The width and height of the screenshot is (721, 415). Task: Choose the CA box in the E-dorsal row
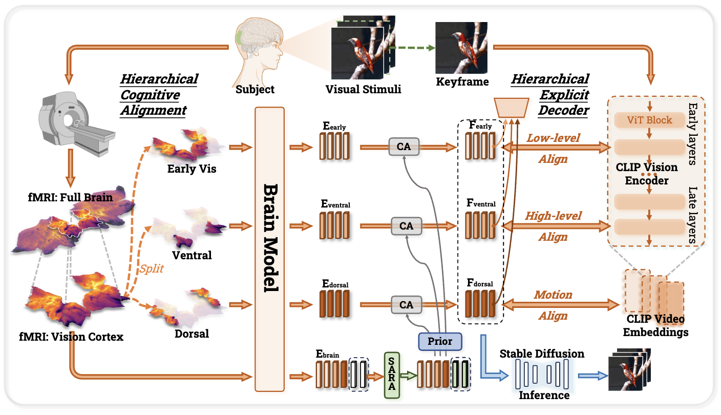pyautogui.click(x=406, y=305)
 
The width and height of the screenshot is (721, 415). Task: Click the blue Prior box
pyautogui.click(x=440, y=341)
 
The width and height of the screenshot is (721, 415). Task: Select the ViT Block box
pyautogui.click(x=649, y=120)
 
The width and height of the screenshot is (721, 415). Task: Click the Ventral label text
pyautogui.click(x=192, y=255)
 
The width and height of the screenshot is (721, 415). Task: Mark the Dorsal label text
pyautogui.click(x=192, y=334)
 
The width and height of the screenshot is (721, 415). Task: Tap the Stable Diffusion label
pyautogui.click(x=541, y=354)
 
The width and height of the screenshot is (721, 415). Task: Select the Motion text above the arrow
pyautogui.click(x=553, y=295)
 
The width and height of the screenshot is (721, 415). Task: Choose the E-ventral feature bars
pyautogui.click(x=334, y=226)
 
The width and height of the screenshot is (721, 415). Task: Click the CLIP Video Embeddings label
pyautogui.click(x=655, y=326)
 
